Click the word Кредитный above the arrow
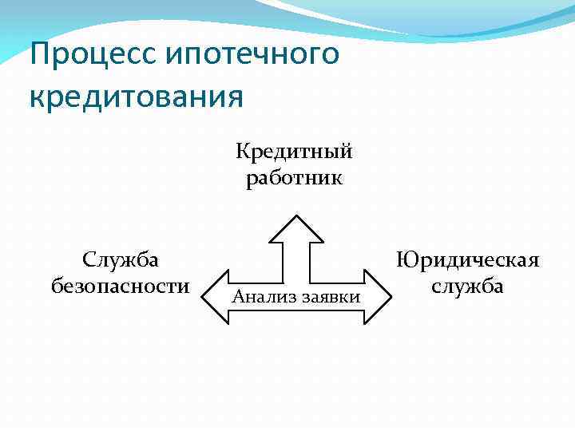(x=294, y=152)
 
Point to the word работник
(x=295, y=177)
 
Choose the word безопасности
(x=120, y=285)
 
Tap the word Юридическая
(x=467, y=260)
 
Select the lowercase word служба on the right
(x=467, y=285)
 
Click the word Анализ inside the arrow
(x=256, y=297)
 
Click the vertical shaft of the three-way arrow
(x=295, y=259)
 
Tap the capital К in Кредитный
(x=241, y=151)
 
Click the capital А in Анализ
(x=237, y=297)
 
